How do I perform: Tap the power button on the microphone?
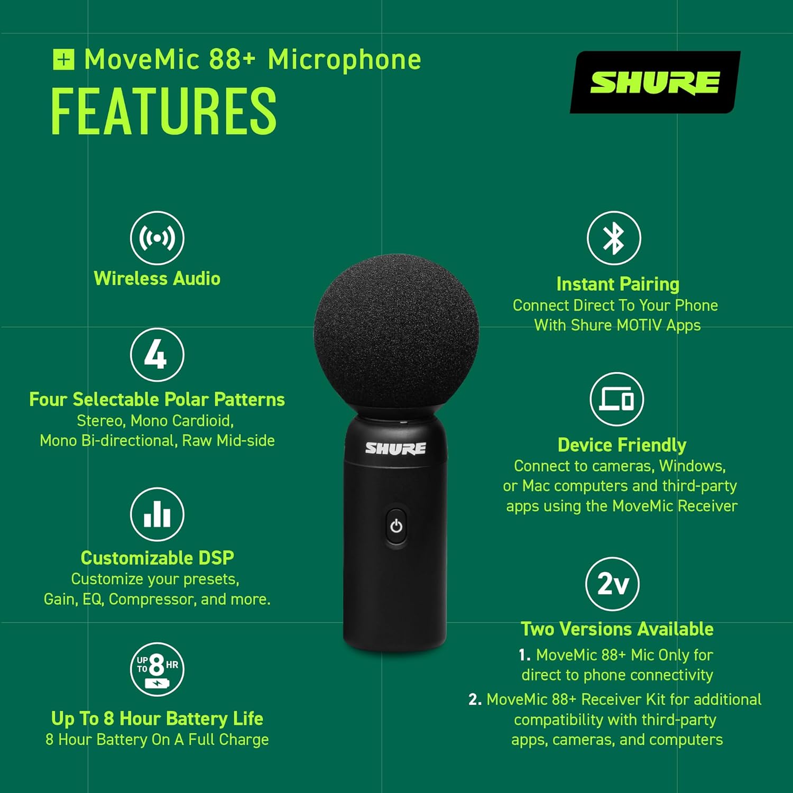pyautogui.click(x=396, y=527)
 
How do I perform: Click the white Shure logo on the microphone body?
pyautogui.click(x=395, y=448)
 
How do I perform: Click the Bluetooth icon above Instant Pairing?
pyautogui.click(x=614, y=238)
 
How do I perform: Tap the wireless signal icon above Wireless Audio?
pyautogui.click(x=157, y=238)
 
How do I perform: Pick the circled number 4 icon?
pyautogui.click(x=157, y=355)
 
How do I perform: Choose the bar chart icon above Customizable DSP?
pyautogui.click(x=157, y=514)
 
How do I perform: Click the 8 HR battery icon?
pyautogui.click(x=157, y=669)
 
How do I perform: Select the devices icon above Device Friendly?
pyautogui.click(x=616, y=399)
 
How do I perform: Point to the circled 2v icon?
pyautogui.click(x=612, y=584)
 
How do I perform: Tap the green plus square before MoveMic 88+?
pyautogui.click(x=64, y=59)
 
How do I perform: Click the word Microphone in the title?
pyautogui.click(x=344, y=60)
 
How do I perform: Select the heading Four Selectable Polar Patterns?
pyautogui.click(x=157, y=400)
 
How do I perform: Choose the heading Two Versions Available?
pyautogui.click(x=617, y=629)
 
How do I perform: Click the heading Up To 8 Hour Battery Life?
pyautogui.click(x=157, y=718)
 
